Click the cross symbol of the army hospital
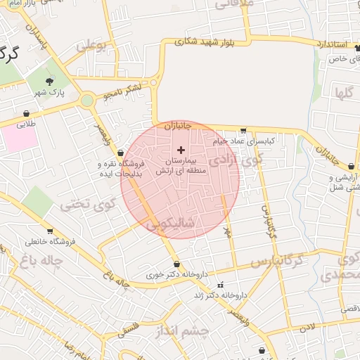point(181,149)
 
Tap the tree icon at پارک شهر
point(51,81)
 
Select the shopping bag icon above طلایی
point(27,112)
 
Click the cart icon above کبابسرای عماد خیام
point(243,130)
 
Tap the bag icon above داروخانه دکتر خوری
point(176,264)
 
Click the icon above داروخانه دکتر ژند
point(221,285)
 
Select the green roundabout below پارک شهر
point(86,101)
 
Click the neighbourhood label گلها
point(344,92)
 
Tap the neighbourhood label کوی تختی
point(86,205)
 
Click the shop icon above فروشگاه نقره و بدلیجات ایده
point(121,153)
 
